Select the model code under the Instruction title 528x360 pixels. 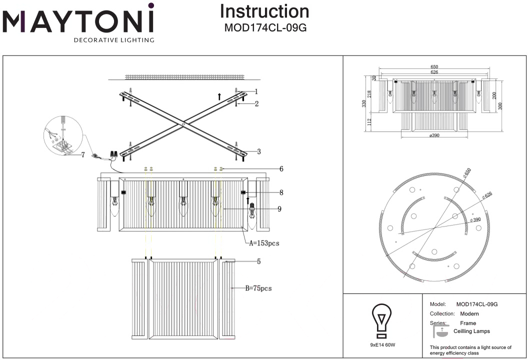click(x=264, y=28)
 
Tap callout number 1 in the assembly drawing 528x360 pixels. click(x=256, y=91)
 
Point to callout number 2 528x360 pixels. click(x=256, y=104)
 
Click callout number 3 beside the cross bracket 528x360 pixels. click(x=258, y=151)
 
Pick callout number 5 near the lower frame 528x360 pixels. click(x=258, y=261)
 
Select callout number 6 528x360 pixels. click(x=281, y=169)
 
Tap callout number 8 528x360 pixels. click(x=281, y=192)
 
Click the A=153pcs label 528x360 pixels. click(x=264, y=243)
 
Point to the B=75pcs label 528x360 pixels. click(x=258, y=288)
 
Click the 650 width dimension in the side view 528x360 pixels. click(x=434, y=67)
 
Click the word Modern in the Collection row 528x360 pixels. click(x=469, y=313)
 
